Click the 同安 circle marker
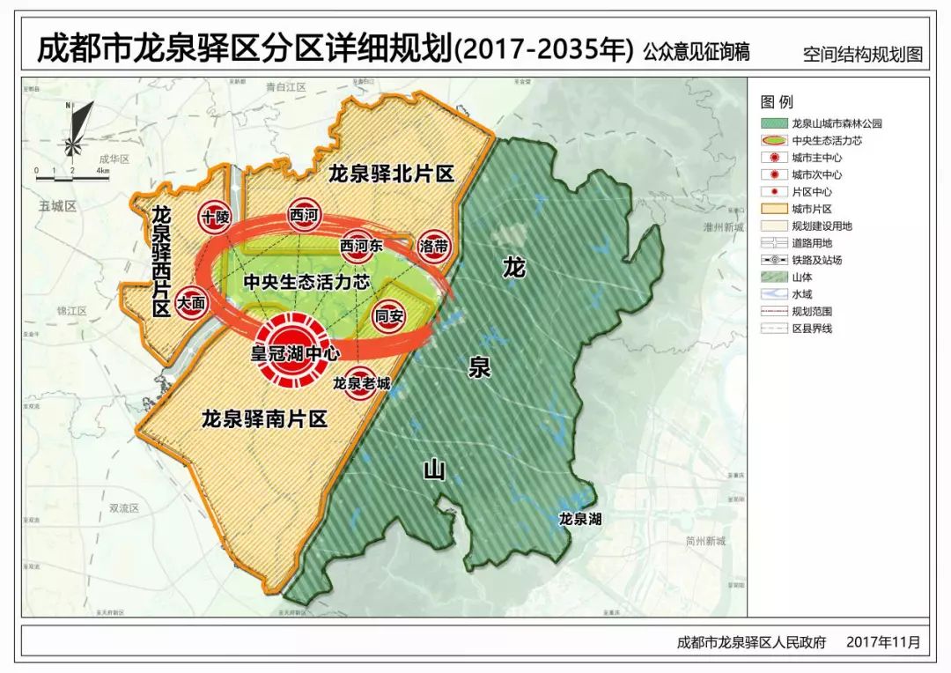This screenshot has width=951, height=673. point(388,314)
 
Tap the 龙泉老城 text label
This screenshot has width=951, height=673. point(361,383)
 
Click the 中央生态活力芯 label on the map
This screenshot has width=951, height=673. point(306,281)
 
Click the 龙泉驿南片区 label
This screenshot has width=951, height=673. point(264,418)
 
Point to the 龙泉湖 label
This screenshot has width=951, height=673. point(580,519)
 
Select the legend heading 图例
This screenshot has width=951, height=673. point(777,102)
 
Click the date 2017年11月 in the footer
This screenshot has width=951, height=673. point(882,643)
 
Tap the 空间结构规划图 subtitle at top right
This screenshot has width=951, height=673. point(862,54)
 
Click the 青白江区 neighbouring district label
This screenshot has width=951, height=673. point(284,87)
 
